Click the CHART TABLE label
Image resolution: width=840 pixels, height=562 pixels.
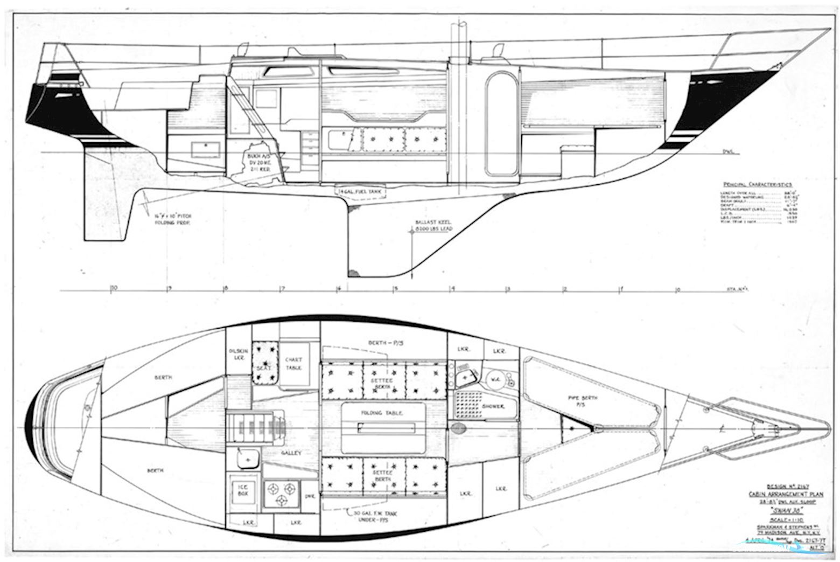[294, 363]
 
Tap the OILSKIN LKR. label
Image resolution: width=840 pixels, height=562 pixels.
[237, 354]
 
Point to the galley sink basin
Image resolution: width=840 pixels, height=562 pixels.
[247, 460]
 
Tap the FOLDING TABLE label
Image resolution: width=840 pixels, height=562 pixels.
[383, 413]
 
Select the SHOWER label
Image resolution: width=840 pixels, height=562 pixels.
[493, 406]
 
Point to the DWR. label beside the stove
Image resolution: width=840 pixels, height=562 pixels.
[310, 497]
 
